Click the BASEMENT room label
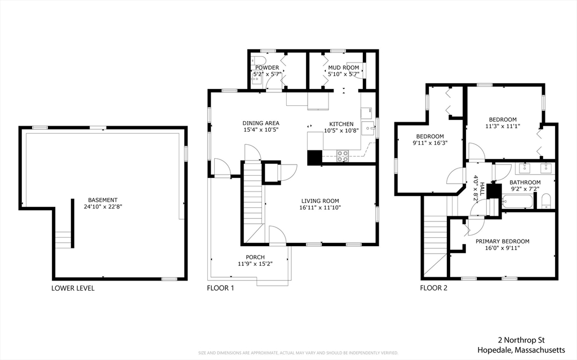(103, 200)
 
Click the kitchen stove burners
(343, 156)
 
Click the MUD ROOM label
(343, 68)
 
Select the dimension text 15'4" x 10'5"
(260, 131)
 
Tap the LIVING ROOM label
(320, 201)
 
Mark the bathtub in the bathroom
(516, 202)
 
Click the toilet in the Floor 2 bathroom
(545, 201)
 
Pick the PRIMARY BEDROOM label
(502, 241)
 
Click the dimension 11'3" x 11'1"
(503, 126)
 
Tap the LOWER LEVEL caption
(73, 288)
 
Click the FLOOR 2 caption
(433, 288)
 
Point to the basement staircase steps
(64, 240)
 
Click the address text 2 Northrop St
(521, 340)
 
